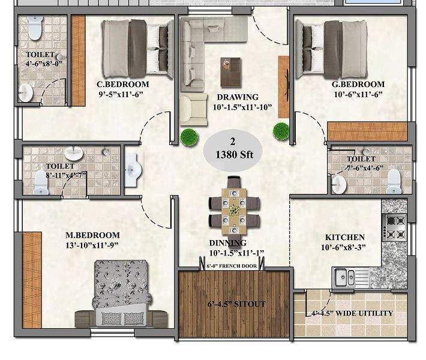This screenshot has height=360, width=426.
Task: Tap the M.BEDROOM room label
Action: [93, 235]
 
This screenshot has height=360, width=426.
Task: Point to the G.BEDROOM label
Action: [358, 85]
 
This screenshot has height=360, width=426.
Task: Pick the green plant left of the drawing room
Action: [189, 136]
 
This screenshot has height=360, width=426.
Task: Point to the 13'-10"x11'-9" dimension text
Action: [93, 245]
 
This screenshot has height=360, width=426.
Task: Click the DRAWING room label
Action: [238, 97]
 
